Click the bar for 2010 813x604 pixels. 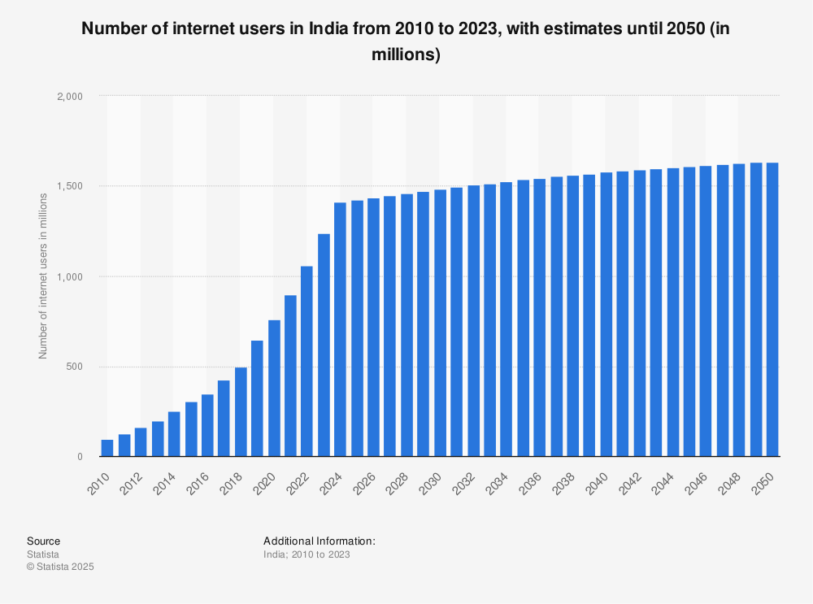(x=107, y=448)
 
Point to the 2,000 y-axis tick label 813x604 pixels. (x=69, y=96)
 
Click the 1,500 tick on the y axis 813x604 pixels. (x=69, y=186)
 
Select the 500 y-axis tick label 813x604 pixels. (x=75, y=367)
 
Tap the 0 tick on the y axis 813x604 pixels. (x=80, y=457)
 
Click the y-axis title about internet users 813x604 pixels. (x=43, y=276)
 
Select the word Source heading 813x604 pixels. (x=43, y=541)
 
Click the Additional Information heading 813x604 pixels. (x=319, y=541)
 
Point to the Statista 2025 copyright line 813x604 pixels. (x=60, y=567)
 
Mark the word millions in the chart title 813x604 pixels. (x=411, y=55)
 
